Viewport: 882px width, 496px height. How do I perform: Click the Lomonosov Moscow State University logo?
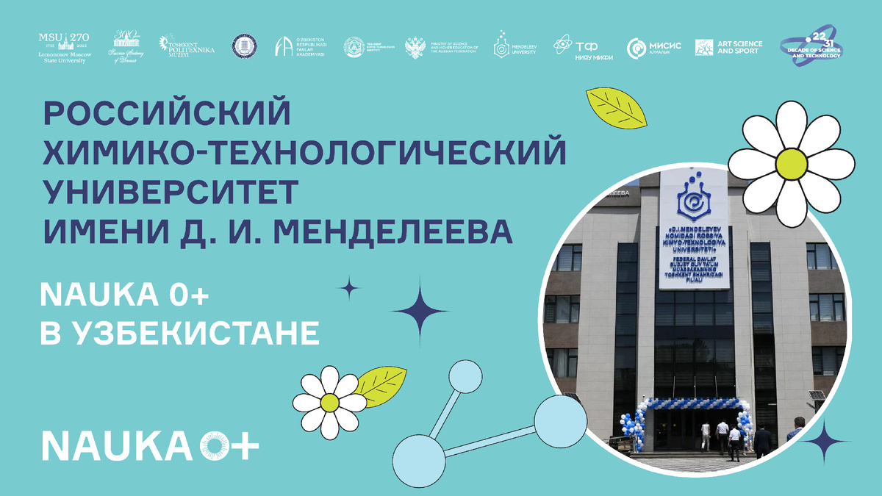[x=62, y=47]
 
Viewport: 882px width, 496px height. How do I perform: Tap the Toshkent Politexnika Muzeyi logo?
[x=187, y=46]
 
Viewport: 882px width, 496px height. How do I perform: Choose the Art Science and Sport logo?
[x=728, y=47]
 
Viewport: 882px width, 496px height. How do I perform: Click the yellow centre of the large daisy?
[x=790, y=163]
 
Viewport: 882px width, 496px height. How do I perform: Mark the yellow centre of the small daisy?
[x=330, y=402]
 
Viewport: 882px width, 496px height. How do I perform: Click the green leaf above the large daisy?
[x=616, y=109]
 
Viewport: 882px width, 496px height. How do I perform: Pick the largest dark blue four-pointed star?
[x=419, y=311]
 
